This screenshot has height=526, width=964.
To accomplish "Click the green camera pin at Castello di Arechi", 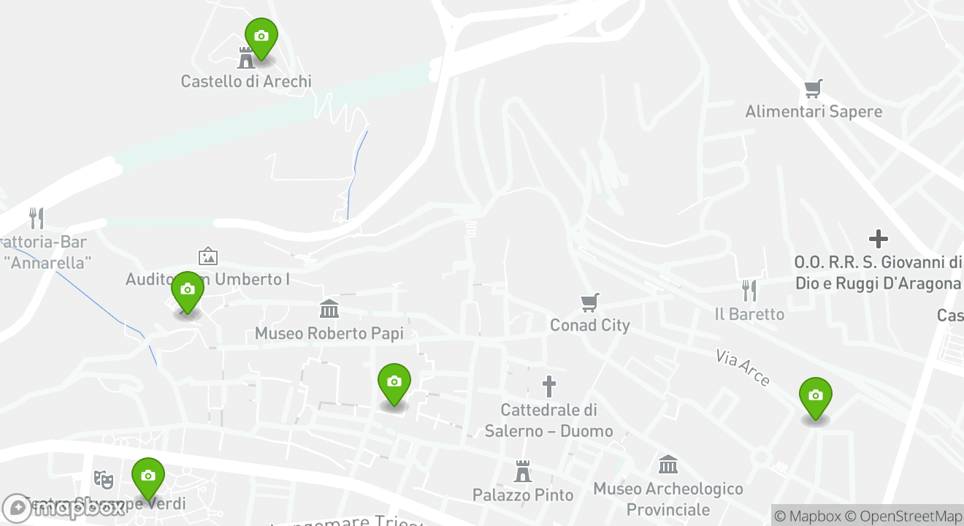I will pyautogui.click(x=261, y=37).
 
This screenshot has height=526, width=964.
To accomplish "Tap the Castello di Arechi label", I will pyautogui.click(x=246, y=81).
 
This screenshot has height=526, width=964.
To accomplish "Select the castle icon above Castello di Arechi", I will pyautogui.click(x=246, y=57).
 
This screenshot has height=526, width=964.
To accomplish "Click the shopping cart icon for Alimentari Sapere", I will pyautogui.click(x=814, y=89).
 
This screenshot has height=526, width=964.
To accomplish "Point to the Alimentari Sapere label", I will pyautogui.click(x=814, y=112).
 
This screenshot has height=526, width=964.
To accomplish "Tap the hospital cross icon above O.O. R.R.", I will pyautogui.click(x=878, y=239).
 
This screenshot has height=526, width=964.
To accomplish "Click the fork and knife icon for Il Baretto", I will pyautogui.click(x=749, y=291).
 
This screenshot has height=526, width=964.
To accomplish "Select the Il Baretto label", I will pyautogui.click(x=749, y=314).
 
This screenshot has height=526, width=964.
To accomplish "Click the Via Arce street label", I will pyautogui.click(x=743, y=367).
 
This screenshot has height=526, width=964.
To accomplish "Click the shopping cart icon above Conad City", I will pyautogui.click(x=589, y=302).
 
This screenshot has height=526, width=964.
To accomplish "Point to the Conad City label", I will pyautogui.click(x=589, y=325).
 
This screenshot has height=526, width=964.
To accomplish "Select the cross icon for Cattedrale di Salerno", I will pyautogui.click(x=548, y=386).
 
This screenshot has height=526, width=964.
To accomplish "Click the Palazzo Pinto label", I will pyautogui.click(x=523, y=495).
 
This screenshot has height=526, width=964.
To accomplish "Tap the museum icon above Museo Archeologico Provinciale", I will pyautogui.click(x=668, y=465).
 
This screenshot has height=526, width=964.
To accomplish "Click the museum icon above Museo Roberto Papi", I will pyautogui.click(x=329, y=309).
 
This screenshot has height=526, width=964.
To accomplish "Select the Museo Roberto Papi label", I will pyautogui.click(x=329, y=334).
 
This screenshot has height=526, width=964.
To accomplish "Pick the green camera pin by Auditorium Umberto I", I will pyautogui.click(x=187, y=290).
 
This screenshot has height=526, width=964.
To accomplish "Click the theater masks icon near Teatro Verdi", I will pyautogui.click(x=104, y=479).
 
